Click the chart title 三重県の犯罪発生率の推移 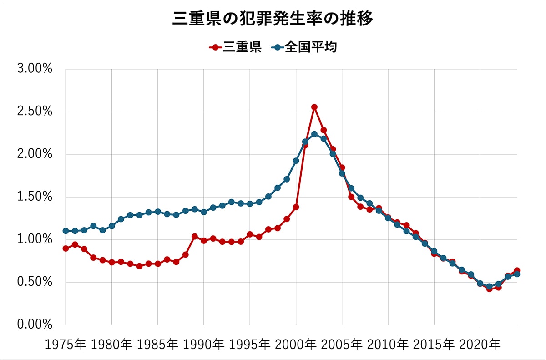pyautogui.click(x=273, y=19)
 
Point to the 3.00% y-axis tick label pyautogui.click(x=35, y=69)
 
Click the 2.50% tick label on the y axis pyautogui.click(x=35, y=112)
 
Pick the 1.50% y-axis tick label pyautogui.click(x=35, y=197)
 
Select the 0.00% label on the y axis pyautogui.click(x=35, y=325)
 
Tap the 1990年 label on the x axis pyautogui.click(x=204, y=345)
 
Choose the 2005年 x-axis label pyautogui.click(x=342, y=345)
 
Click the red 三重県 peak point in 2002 pyautogui.click(x=314, y=107)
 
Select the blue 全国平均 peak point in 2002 pyautogui.click(x=314, y=134)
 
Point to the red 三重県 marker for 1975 pyautogui.click(x=66, y=248)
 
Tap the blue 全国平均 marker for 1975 pyautogui.click(x=66, y=231)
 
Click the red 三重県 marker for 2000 pyautogui.click(x=296, y=207)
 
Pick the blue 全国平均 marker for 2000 pyautogui.click(x=296, y=161)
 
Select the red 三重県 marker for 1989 pyautogui.click(x=195, y=237)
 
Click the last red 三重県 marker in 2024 pyautogui.click(x=516, y=271)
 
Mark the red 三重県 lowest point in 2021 pyautogui.click(x=489, y=289)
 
